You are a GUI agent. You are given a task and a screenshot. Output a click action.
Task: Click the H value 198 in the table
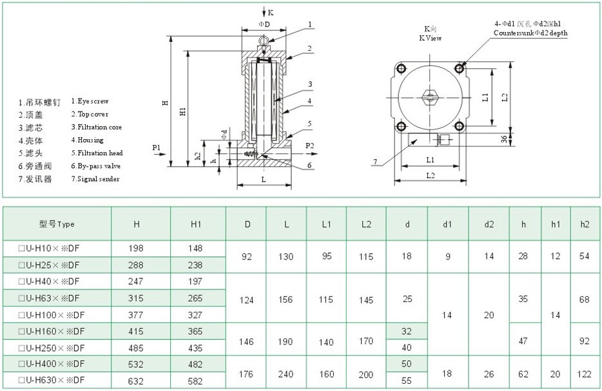click(136, 248)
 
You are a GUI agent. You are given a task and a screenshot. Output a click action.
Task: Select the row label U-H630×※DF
click(52, 380)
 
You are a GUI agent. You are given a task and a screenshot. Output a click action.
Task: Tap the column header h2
click(584, 224)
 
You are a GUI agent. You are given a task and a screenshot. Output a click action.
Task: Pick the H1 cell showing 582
click(196, 380)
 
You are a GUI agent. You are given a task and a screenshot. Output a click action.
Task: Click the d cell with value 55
click(407, 380)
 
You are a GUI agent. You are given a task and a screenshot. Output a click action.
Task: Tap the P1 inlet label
click(156, 148)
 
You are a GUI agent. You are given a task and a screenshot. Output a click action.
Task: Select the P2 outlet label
click(309, 146)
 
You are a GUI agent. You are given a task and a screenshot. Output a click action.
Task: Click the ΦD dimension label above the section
click(264, 24)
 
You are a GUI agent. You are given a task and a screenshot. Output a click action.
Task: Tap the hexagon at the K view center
click(430, 97)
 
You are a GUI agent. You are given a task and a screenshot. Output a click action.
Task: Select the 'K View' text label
click(429, 38)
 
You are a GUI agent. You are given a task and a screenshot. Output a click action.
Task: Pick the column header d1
click(447, 224)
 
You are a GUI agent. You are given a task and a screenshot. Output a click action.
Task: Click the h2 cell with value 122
click(584, 372)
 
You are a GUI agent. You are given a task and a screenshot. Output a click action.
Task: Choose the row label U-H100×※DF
click(52, 314)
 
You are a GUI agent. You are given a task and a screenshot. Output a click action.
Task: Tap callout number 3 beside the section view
click(310, 84)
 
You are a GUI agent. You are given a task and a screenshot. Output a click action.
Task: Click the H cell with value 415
click(136, 331)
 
